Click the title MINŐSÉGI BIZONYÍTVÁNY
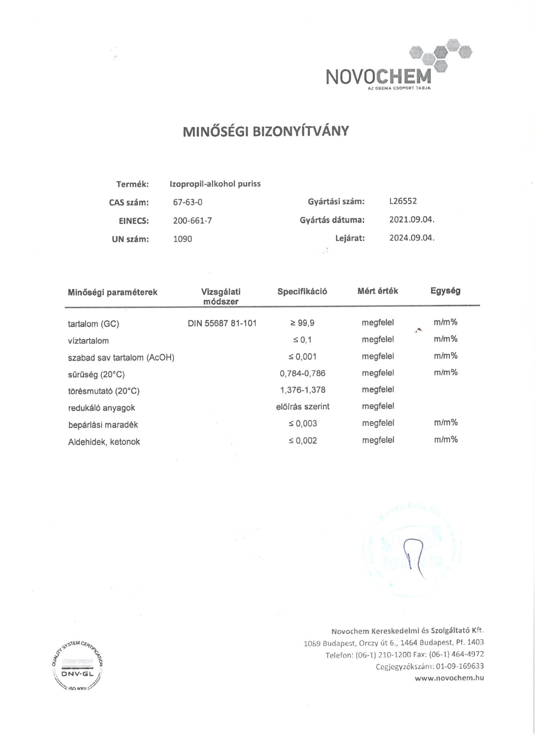[x=266, y=131]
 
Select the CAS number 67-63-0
[x=188, y=202]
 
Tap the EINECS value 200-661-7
[x=192, y=221]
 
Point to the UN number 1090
[x=182, y=239]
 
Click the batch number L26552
[x=401, y=201]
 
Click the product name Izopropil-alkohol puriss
[x=215, y=184]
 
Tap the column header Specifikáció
[x=302, y=292]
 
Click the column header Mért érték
[x=378, y=291]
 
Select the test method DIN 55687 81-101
[x=222, y=324]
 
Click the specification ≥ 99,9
[x=302, y=323]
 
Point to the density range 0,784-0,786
[x=302, y=373]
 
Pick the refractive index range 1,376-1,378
[x=302, y=390]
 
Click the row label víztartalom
[x=88, y=341]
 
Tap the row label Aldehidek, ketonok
[x=104, y=442]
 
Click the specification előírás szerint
[x=303, y=407]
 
